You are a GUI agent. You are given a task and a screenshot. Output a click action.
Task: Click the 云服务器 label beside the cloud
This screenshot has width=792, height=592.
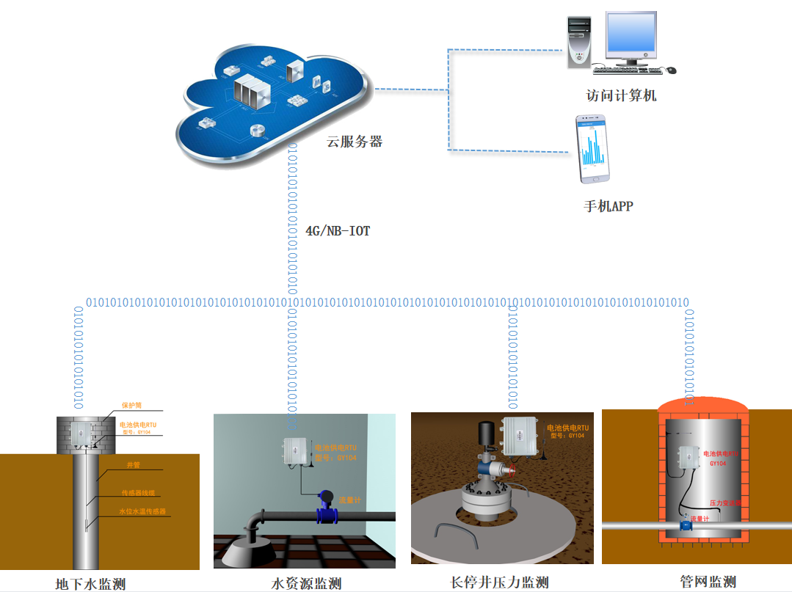tap(355, 142)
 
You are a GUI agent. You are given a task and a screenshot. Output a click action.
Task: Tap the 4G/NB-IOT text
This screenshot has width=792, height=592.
tap(338, 231)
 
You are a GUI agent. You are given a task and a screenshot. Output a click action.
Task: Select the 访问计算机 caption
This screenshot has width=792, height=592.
tap(620, 95)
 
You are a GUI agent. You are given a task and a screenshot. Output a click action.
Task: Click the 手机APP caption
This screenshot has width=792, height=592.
tap(608, 206)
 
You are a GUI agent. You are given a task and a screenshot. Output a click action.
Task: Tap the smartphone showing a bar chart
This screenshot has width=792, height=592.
tap(594, 150)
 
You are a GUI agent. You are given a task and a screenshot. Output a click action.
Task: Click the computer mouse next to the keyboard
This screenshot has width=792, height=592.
tap(671, 70)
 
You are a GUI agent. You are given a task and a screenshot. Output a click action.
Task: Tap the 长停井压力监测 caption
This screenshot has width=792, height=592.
tap(499, 582)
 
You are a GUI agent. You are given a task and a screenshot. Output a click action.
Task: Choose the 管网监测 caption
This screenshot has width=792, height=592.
tap(708, 582)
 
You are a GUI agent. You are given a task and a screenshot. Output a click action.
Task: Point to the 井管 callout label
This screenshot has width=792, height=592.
tap(133, 465)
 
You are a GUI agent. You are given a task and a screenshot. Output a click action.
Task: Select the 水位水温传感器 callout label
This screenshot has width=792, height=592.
tap(142, 511)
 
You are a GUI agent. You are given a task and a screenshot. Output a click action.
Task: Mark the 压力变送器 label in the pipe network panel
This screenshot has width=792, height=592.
tap(726, 503)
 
